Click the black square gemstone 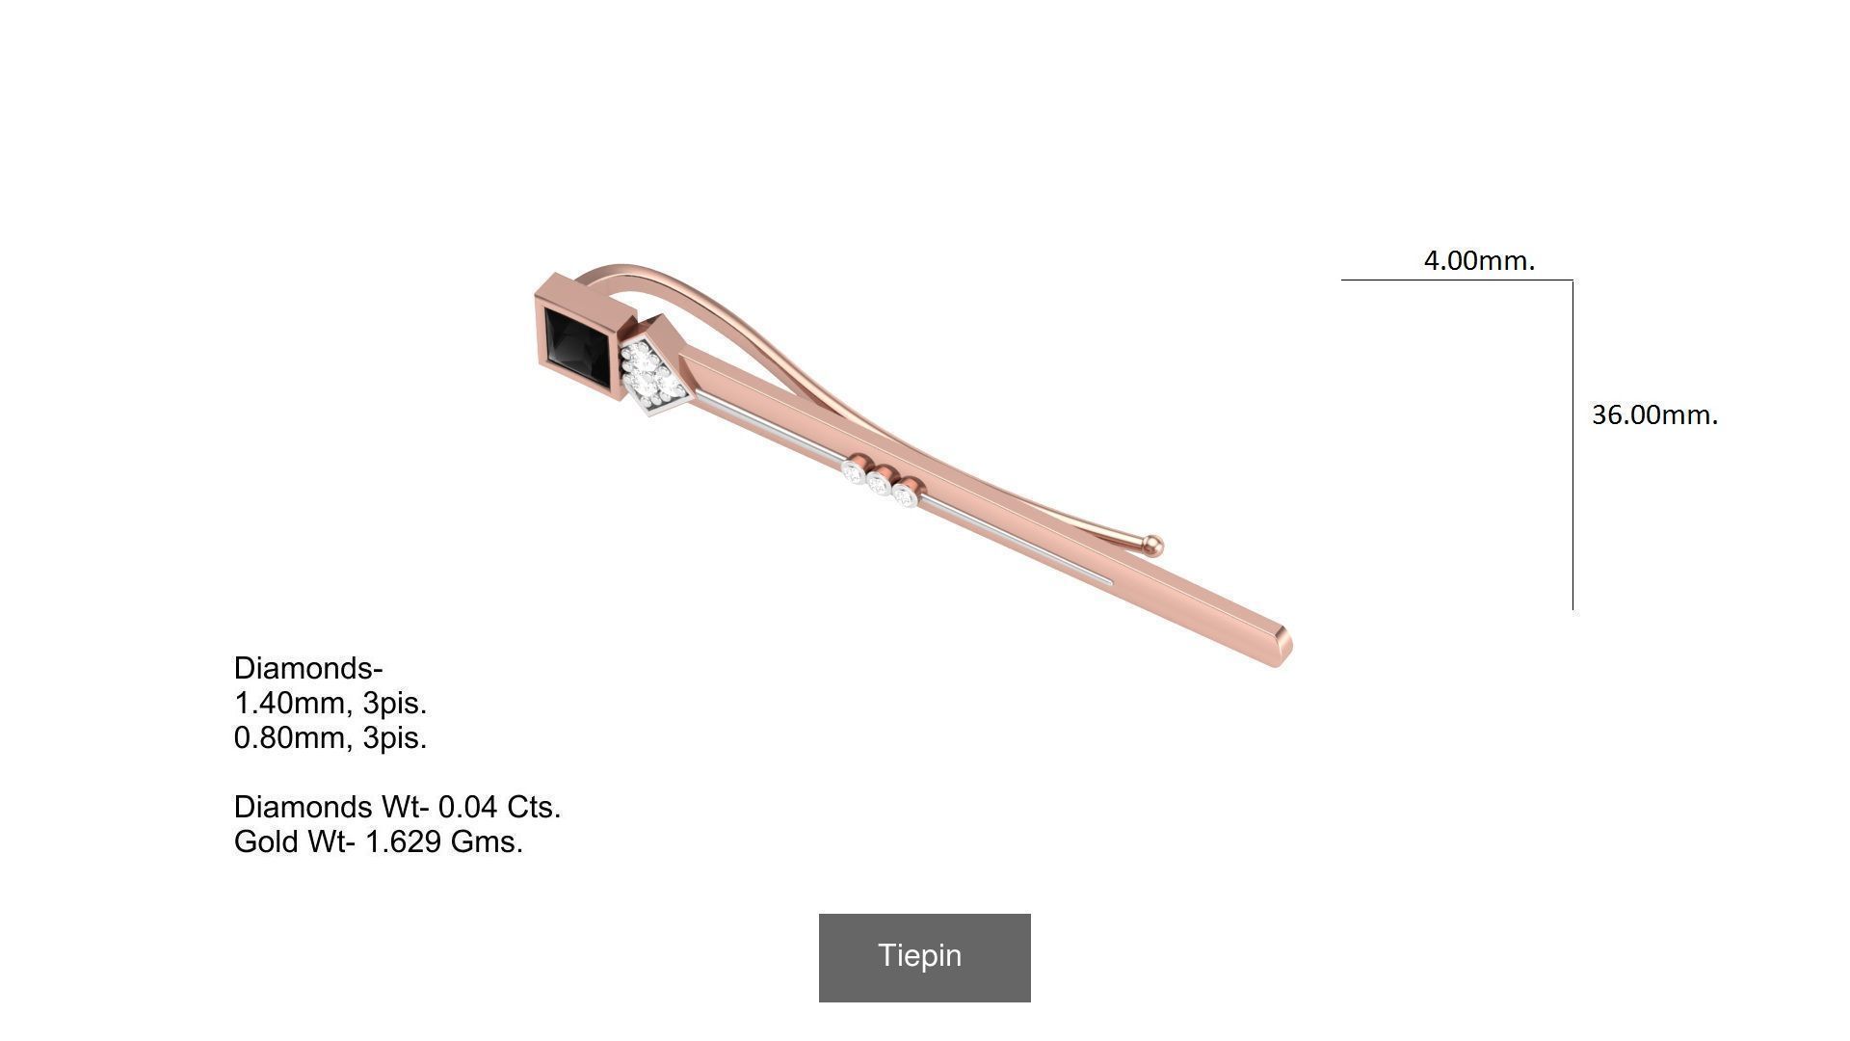coord(575,349)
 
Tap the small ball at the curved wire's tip coord(1153,546)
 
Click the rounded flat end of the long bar coord(1283,648)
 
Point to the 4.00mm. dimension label coord(1479,260)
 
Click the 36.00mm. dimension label coord(1654,414)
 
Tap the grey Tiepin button coord(924,957)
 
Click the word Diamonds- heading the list coord(308,668)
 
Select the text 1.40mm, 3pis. coord(330,703)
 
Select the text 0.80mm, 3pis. coord(330,737)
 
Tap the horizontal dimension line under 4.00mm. coord(1455,280)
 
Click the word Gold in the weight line coord(267,841)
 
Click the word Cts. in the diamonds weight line coord(534,807)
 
